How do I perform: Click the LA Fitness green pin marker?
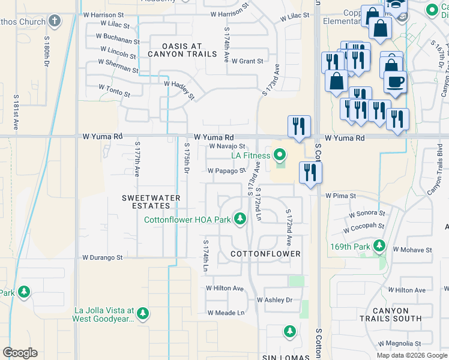coord(279,155)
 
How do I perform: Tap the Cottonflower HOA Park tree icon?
coord(240,219)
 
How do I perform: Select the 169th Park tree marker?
coord(379,245)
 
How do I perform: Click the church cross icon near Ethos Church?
coord(55,22)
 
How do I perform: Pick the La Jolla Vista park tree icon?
coord(142,313)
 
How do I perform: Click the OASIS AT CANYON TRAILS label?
coord(190,50)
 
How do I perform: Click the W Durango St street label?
coord(102,257)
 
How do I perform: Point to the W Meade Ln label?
coord(226,313)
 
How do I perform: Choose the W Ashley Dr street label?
coord(274,299)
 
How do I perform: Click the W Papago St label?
coord(227,170)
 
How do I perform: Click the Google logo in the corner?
coord(20,353)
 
